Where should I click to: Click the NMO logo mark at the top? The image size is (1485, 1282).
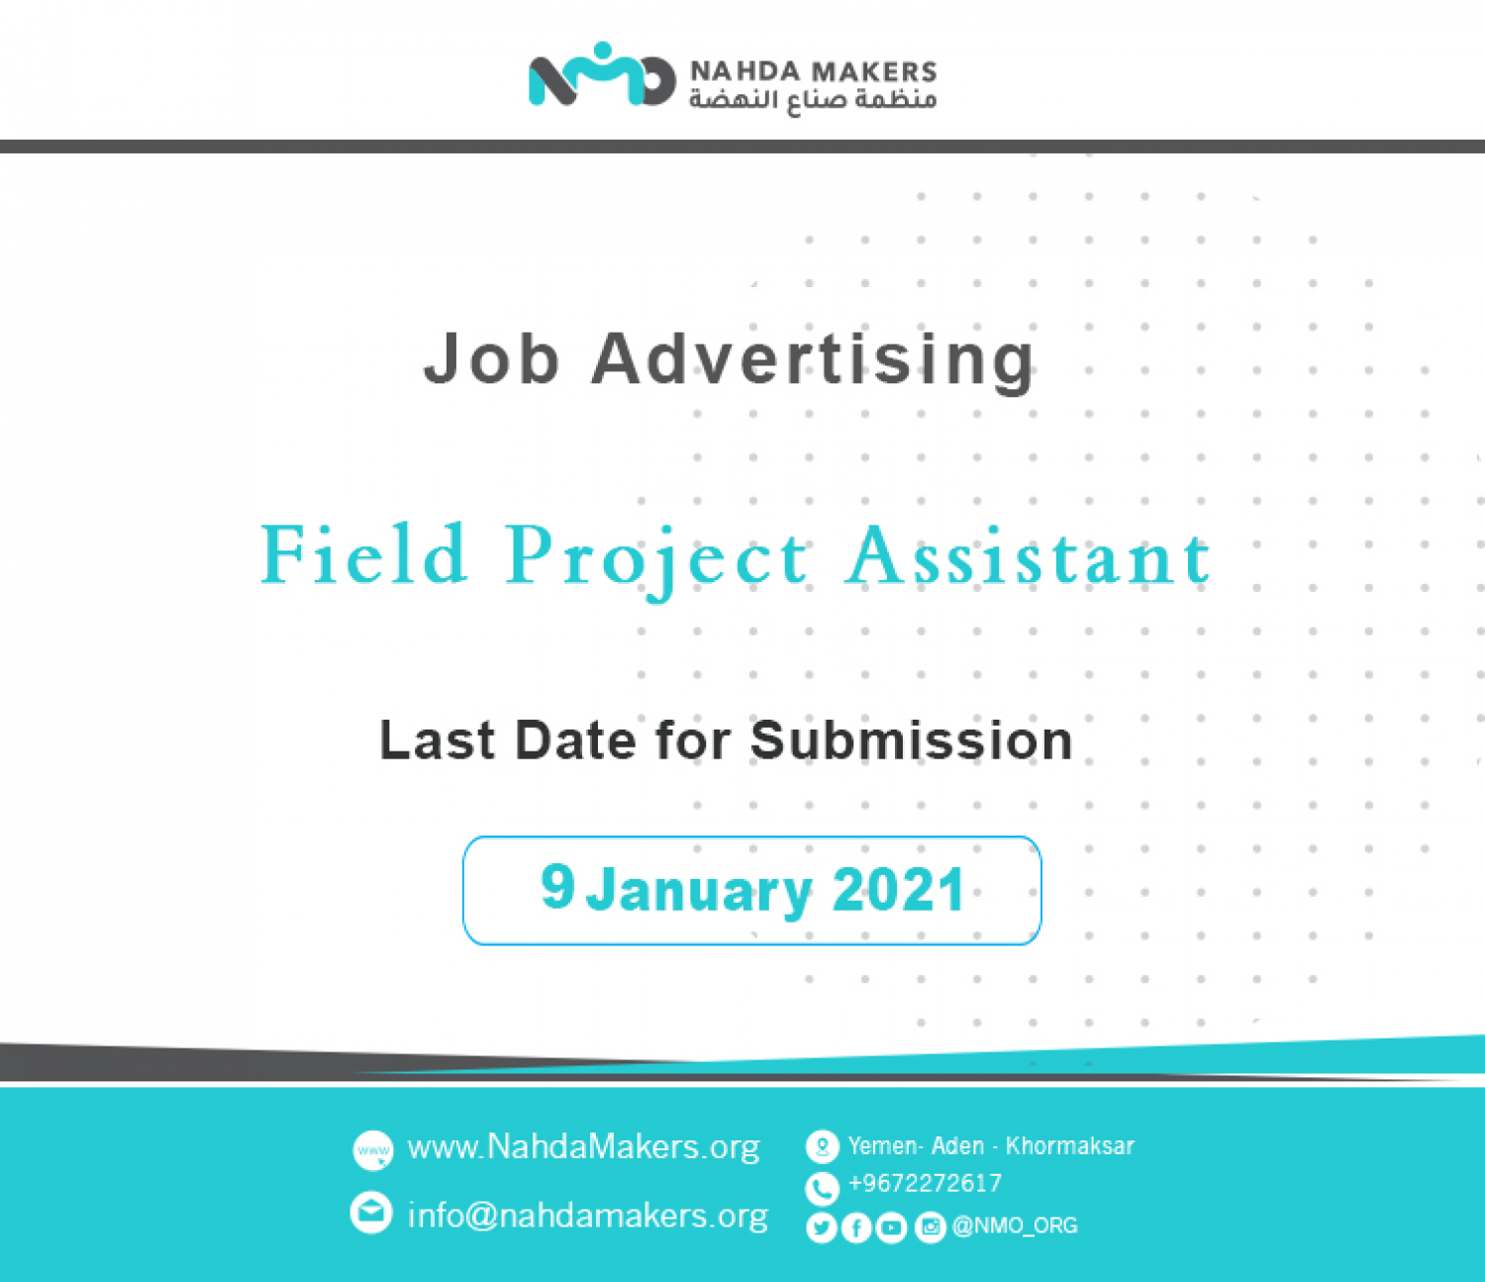602,74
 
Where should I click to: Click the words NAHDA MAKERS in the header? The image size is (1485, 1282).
813,72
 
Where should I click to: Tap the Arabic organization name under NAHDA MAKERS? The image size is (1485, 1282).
813,100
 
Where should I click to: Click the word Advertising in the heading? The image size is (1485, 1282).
813,360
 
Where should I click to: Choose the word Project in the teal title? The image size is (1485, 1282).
657,560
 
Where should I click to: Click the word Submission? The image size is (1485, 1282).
912,740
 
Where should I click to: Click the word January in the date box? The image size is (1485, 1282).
699,892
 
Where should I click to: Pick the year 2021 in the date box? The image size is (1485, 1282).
899,889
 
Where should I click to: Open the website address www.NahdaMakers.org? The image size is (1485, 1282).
583,1147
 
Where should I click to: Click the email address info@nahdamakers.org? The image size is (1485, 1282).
588,1215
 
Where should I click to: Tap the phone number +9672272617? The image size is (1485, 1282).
925,1183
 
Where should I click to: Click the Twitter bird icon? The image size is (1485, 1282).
821,1228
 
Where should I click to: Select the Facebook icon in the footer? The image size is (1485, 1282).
856,1228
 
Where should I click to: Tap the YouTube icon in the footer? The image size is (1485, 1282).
891,1228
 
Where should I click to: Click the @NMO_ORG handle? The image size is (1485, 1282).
1015,1226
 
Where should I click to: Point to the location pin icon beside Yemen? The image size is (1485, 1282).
822,1146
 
